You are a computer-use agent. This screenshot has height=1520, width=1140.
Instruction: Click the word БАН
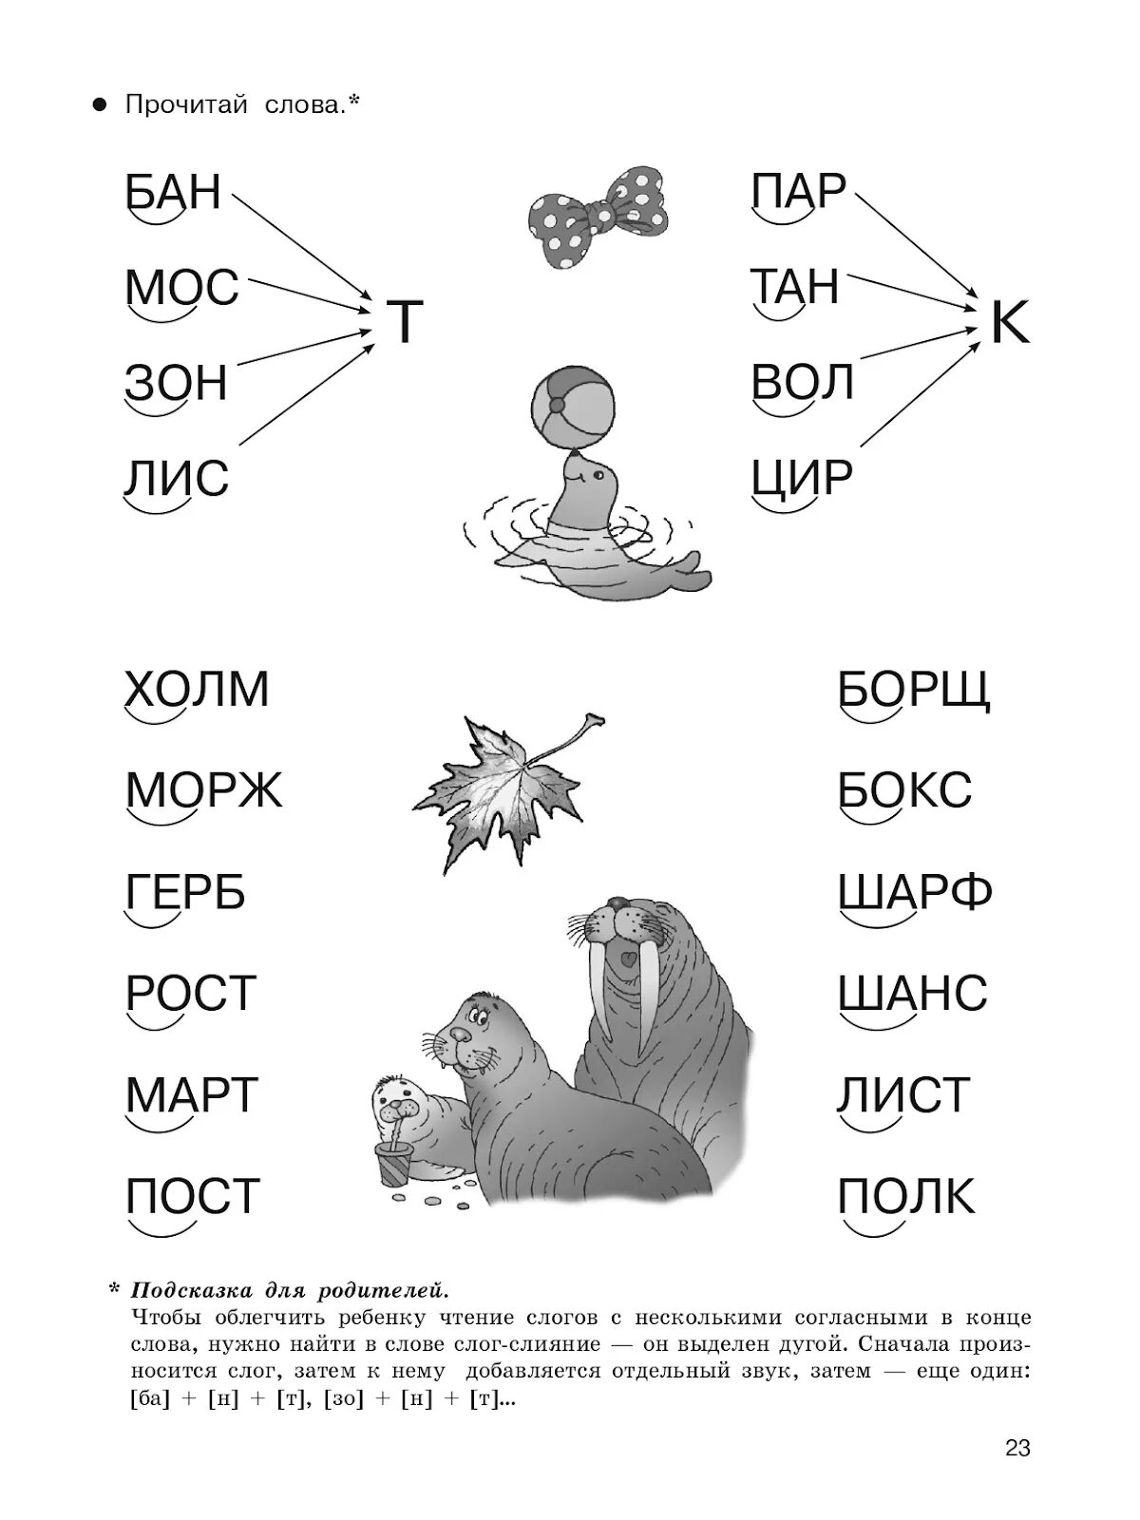pyautogui.click(x=173, y=192)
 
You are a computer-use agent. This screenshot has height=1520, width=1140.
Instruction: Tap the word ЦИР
pyautogui.click(x=802, y=477)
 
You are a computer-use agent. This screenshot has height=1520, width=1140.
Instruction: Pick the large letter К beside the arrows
pyautogui.click(x=1009, y=324)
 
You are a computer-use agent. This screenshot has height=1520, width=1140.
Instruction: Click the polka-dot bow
pyautogui.click(x=598, y=216)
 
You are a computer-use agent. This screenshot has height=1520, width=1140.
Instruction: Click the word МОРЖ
pyautogui.click(x=204, y=789)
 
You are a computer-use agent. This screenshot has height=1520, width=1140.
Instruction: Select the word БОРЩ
pyautogui.click(x=914, y=689)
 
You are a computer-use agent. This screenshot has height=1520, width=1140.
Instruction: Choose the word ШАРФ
pyautogui.click(x=915, y=892)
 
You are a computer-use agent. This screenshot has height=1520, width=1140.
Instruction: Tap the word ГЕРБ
pyautogui.click(x=186, y=892)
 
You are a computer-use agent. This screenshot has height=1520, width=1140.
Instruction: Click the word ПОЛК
pyautogui.click(x=906, y=1196)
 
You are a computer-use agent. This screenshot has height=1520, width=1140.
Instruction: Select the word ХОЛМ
pyautogui.click(x=198, y=689)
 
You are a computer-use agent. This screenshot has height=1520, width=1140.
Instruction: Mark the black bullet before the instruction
pyautogui.click(x=98, y=105)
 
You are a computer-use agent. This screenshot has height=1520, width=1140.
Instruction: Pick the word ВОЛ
pyautogui.click(x=804, y=382)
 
